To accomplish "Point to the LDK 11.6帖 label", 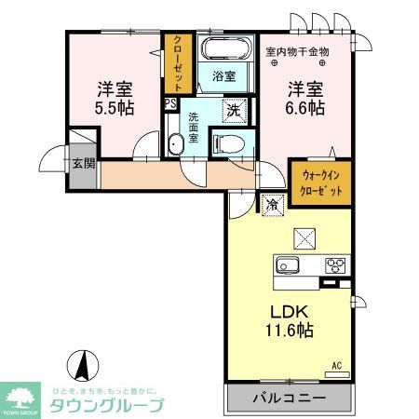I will tap(291, 320).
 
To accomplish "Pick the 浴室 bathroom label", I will tap(223, 75).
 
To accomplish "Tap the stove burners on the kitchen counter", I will tap(334, 264).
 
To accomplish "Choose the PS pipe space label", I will tap(170, 104).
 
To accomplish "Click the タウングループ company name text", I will tap(108, 406).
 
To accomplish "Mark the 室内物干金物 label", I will tap(297, 51).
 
